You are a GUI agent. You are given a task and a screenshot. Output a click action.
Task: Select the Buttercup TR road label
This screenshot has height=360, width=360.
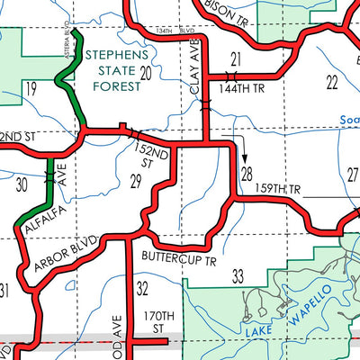[x=180, y=259]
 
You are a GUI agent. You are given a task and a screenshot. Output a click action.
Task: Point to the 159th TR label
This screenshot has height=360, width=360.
[x=281, y=190]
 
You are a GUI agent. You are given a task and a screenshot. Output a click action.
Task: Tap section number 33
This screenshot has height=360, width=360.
[x=238, y=275]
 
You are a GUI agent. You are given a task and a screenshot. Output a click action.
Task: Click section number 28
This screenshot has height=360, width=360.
[x=247, y=172]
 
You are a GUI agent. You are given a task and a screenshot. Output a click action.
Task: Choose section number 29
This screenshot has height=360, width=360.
[x=136, y=183]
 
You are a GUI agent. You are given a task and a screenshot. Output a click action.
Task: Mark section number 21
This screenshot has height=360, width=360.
[x=237, y=59]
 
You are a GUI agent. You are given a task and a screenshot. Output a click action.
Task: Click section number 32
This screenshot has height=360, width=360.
[x=141, y=290]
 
